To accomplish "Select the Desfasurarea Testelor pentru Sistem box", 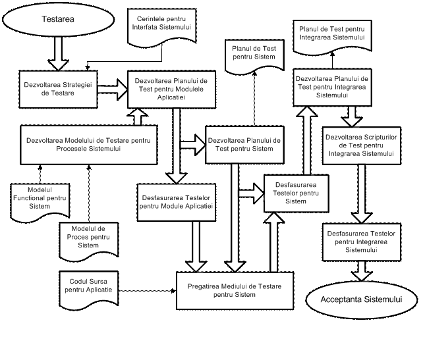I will coord(296,193).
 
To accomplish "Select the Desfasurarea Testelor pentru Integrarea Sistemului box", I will coord(360,242).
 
